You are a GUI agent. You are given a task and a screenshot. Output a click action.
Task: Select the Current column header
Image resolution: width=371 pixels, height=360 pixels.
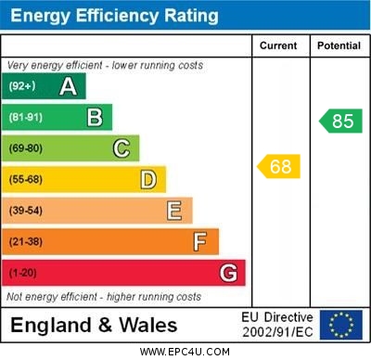[278, 45]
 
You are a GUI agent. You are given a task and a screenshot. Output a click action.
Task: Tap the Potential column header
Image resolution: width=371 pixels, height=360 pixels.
[339, 45]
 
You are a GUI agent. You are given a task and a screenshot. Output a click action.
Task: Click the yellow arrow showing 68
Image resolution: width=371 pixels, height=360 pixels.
[278, 167]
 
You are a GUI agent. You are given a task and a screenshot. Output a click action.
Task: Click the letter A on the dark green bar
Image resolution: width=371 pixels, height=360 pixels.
[68, 87]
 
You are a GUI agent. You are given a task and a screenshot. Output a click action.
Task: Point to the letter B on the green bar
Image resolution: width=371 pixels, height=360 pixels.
[95, 118]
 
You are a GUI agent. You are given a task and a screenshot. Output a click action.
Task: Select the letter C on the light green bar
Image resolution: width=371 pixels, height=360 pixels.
[122, 148]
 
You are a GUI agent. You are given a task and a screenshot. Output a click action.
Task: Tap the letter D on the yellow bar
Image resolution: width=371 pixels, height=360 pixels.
[148, 180]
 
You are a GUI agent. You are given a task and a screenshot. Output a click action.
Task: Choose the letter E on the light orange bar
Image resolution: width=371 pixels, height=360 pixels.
[174, 211]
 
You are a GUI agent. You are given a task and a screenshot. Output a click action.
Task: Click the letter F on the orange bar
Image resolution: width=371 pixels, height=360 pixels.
[200, 242]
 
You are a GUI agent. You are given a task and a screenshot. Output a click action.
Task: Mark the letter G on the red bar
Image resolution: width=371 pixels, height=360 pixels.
[228, 274]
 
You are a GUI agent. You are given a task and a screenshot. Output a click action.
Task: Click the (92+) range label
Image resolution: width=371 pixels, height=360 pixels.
[23, 87]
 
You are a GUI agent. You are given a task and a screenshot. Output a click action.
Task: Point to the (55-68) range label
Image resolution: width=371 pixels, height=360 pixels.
[26, 180]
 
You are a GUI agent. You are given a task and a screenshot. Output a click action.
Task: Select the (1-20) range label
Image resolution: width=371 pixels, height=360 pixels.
[24, 274]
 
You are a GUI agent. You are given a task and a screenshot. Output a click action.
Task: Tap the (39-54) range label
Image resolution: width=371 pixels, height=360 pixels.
[26, 211]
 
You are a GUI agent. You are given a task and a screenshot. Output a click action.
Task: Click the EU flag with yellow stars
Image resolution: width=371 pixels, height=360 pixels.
[341, 325]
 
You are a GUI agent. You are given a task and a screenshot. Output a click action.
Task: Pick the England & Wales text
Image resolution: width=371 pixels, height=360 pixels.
[93, 326]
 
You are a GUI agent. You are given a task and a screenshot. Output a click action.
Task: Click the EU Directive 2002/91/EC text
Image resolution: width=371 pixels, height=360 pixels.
[277, 325]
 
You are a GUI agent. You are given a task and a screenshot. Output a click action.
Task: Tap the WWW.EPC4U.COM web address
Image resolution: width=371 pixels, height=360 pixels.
[185, 352]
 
